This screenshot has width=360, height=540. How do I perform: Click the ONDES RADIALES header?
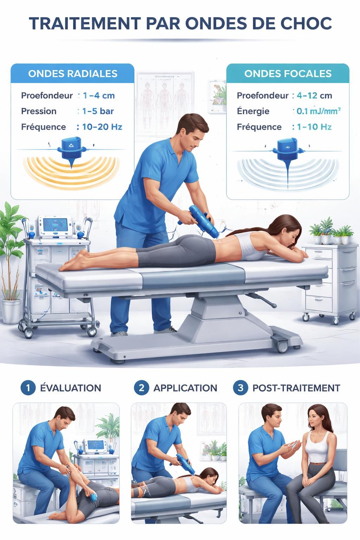point(72,73)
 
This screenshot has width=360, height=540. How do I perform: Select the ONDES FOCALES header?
point(288,73)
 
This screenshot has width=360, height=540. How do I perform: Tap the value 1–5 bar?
point(98,111)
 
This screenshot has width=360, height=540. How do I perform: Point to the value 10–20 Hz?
point(102,127)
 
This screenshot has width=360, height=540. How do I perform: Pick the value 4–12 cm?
point(314,95)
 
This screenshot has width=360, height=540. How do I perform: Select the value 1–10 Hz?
point(314,127)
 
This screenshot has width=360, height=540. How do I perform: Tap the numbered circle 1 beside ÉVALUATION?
point(28,388)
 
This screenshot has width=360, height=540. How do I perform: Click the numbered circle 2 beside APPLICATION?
point(141,388)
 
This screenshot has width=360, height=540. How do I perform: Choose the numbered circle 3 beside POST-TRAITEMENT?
point(240,388)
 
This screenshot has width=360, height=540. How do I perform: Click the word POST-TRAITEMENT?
point(296,388)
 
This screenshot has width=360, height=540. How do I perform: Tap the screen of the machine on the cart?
point(54,225)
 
